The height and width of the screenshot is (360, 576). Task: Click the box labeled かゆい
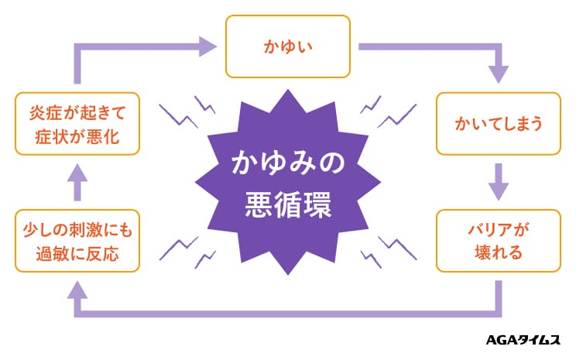click(x=288, y=46)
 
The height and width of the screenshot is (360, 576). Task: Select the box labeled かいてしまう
click(x=499, y=124)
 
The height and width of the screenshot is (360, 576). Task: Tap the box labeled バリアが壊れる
click(x=499, y=240)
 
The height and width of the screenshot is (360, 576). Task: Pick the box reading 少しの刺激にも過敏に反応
click(x=77, y=240)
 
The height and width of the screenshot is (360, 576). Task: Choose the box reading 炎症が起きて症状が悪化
click(x=77, y=124)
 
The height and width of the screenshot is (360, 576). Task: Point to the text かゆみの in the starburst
click(x=288, y=164)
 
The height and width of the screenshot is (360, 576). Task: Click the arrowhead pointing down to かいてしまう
click(x=499, y=74)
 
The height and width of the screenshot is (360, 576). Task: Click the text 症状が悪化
click(x=77, y=138)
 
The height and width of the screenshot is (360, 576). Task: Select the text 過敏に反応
click(x=77, y=254)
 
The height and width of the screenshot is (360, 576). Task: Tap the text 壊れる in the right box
click(x=499, y=253)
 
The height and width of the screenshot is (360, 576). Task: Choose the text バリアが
click(x=499, y=228)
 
